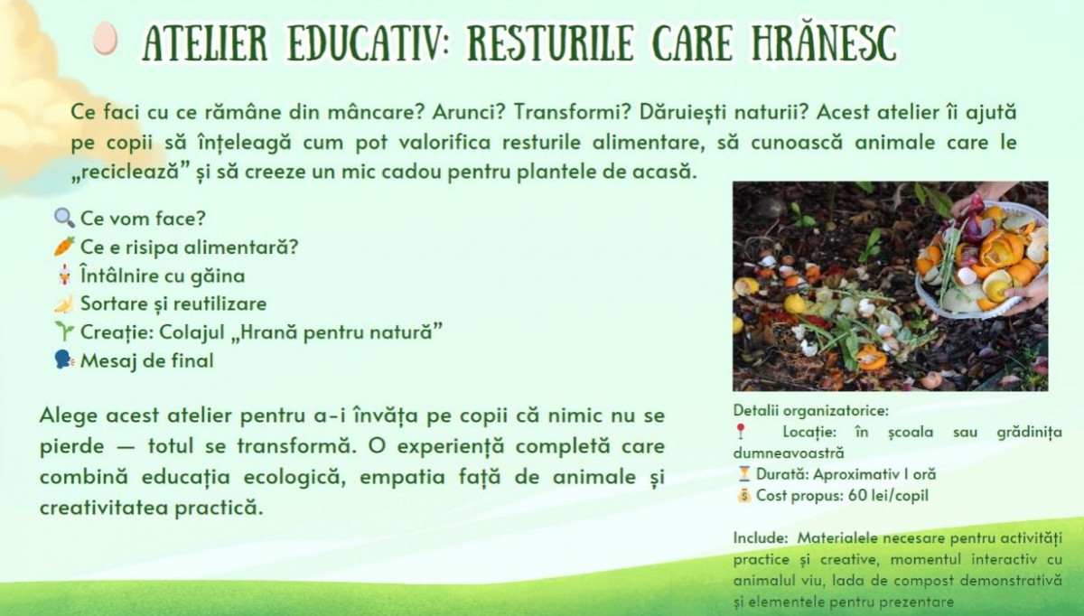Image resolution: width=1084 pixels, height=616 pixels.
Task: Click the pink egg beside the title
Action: tap(105, 38)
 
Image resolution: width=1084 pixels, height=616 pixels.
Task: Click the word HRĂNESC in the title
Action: tap(825, 42)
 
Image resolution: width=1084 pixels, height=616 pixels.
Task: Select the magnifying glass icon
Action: tap(64, 218)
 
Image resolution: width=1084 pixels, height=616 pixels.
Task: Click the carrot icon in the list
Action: tap(64, 247)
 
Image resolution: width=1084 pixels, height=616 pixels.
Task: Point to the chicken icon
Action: tap(64, 275)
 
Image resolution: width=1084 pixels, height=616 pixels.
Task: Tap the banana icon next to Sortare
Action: tap(64, 303)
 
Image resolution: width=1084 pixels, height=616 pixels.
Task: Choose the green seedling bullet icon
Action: tap(64, 331)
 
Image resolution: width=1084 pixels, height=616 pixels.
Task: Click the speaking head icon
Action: tap(64, 360)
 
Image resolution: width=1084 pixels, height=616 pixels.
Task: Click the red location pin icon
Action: tap(741, 431)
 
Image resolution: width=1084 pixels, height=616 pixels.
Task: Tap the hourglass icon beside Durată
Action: tap(743, 473)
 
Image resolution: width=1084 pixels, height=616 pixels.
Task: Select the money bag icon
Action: tap(743, 496)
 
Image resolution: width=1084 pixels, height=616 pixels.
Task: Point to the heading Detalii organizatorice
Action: tap(811, 410)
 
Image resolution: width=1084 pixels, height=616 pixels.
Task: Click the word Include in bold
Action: tap(761, 537)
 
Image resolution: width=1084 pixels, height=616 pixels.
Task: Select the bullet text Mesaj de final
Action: tap(146, 360)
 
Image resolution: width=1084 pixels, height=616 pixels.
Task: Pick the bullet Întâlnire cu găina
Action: tap(163, 275)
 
